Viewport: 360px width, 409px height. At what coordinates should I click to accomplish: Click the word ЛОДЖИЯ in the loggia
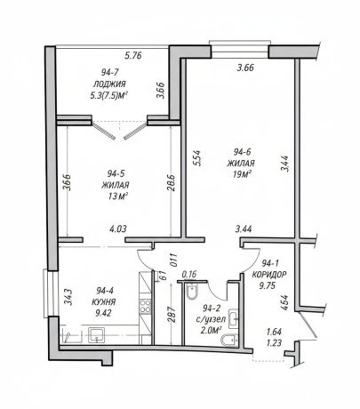pyautogui.click(x=109, y=84)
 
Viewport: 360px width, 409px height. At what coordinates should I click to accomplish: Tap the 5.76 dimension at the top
pyautogui.click(x=133, y=55)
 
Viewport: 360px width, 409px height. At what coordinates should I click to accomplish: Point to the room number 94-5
pyautogui.click(x=116, y=173)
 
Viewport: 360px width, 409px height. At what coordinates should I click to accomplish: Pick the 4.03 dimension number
pyautogui.click(x=117, y=229)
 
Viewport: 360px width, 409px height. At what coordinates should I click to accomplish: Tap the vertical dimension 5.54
pyautogui.click(x=197, y=158)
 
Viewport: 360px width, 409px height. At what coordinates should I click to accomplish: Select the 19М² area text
pyautogui.click(x=242, y=174)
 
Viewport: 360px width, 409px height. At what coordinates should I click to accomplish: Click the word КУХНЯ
pyautogui.click(x=104, y=302)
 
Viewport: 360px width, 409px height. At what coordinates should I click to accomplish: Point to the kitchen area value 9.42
pyautogui.click(x=103, y=313)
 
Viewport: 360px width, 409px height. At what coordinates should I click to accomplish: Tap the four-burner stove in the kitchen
pyautogui.click(x=145, y=306)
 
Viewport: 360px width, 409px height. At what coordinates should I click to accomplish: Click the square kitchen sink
pyautogui.click(x=96, y=335)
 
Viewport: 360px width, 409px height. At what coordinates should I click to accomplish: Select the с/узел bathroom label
pyautogui.click(x=211, y=319)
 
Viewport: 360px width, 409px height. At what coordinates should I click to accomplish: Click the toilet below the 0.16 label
pyautogui.click(x=192, y=292)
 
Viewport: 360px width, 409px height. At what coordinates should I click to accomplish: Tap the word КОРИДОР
pyautogui.click(x=269, y=275)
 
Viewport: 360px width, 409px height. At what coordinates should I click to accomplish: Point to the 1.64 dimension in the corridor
pyautogui.click(x=274, y=332)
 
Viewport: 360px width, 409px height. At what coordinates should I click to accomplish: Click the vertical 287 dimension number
pyautogui.click(x=173, y=314)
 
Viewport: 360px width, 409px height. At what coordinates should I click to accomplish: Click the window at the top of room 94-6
pyautogui.click(x=240, y=50)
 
